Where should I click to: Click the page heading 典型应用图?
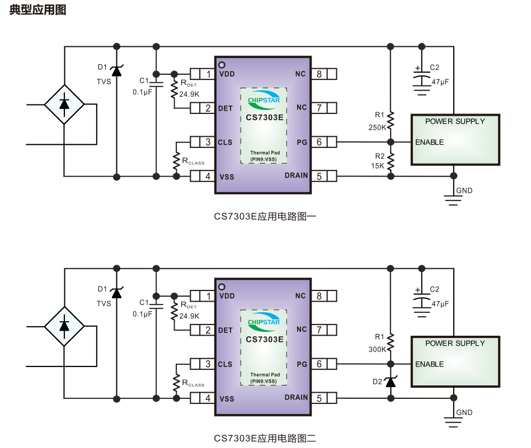[x=37, y=10]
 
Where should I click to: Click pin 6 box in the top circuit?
[x=319, y=142]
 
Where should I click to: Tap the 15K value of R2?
[x=378, y=166]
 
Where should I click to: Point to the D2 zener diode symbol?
[x=391, y=381]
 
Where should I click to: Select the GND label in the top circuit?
[x=464, y=190]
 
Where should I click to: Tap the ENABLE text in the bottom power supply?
[x=429, y=364]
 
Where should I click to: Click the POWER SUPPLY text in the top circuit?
[x=455, y=121]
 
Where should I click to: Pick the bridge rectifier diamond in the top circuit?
[x=64, y=103]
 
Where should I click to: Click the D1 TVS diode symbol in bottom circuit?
[x=116, y=292]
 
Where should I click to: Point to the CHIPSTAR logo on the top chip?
[x=264, y=99]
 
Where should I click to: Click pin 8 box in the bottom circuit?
[x=319, y=296]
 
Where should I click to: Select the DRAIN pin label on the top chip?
[x=296, y=175]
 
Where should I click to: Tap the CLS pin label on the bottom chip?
[x=225, y=364]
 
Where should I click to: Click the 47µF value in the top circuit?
[x=440, y=82]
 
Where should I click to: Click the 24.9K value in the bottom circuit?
[x=189, y=316]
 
